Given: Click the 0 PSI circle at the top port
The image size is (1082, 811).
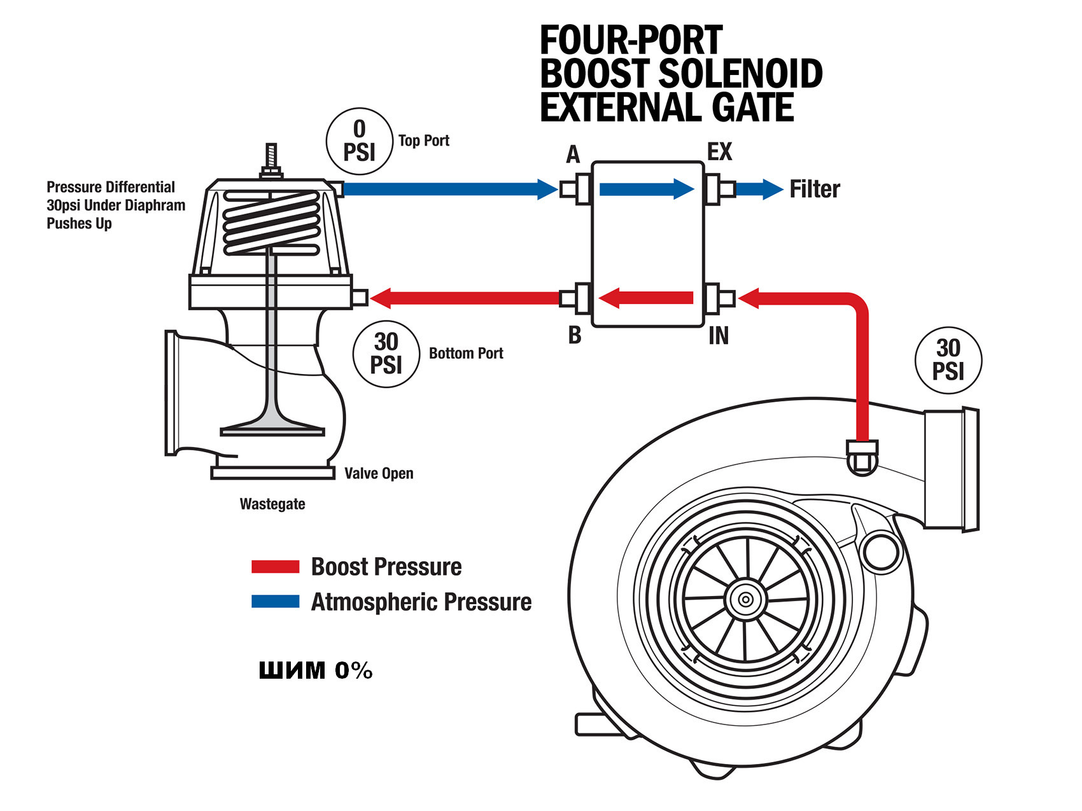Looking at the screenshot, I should pos(359,141).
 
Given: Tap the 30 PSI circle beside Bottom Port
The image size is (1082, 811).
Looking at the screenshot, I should pos(386,354).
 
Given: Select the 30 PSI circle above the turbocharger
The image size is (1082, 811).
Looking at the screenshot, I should pos(948,360).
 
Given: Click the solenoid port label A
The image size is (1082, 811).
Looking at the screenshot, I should pos(573,155).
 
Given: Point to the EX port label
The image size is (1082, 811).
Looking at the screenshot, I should pos(720,152).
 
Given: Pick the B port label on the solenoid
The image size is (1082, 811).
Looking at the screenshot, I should pos(575,335).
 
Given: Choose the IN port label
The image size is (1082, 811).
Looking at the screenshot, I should pos(719,336).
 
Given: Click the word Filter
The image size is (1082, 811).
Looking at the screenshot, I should pos(815,189).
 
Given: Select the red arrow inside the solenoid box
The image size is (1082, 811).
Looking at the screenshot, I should pos(646,298).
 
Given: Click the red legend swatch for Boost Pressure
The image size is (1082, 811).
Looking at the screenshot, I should pos(275,566).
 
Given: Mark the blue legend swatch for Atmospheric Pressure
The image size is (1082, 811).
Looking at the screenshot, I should pos(275,601).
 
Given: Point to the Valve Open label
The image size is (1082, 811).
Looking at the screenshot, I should pos(379,473).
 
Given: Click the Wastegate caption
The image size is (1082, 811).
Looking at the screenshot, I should pos(272,504).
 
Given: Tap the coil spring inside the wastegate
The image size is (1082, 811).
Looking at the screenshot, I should pos(270,223).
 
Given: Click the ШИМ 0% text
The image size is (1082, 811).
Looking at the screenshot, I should pos(316,670).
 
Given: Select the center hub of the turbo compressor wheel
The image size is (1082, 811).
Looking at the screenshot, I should pos(745,599).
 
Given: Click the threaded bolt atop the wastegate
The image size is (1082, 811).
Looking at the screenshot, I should pos(271,159).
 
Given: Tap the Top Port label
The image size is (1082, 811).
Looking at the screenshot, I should pos(423,141).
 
